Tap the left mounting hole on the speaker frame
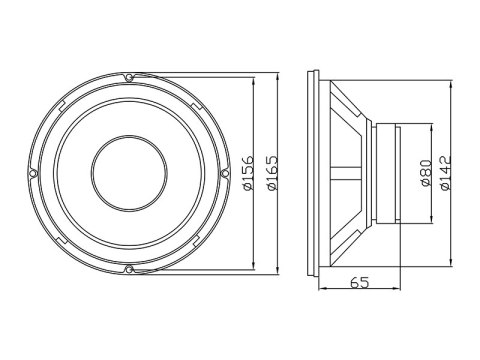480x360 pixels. click(x=33, y=172)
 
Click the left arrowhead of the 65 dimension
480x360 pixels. click(x=320, y=292)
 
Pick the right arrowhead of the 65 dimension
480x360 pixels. click(x=405, y=292)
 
